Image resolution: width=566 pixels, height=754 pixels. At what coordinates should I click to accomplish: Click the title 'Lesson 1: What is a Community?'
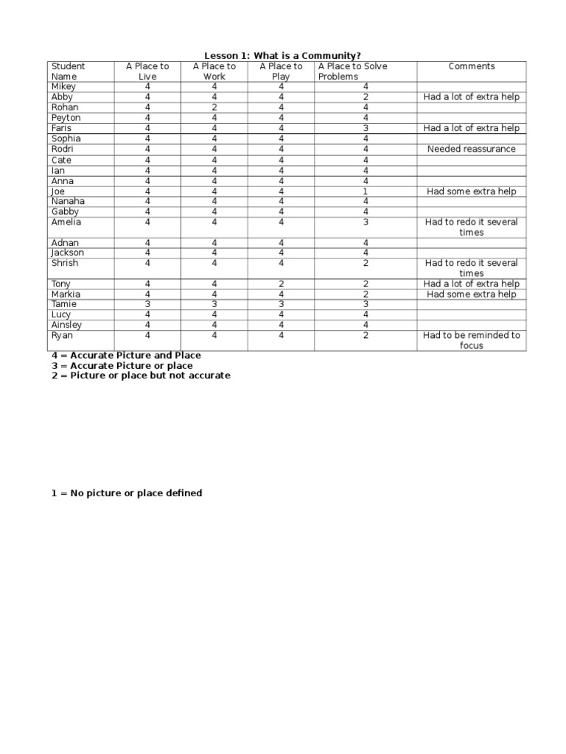(x=282, y=55)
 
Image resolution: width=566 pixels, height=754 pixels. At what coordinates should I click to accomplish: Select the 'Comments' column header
(x=472, y=66)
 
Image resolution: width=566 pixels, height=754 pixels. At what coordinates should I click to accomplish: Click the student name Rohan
(x=65, y=108)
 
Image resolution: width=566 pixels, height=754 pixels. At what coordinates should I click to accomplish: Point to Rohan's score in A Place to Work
(x=214, y=108)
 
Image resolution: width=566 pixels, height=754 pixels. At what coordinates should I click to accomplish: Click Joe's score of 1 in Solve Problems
(x=366, y=191)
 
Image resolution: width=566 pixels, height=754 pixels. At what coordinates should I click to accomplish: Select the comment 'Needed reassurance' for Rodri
(x=472, y=149)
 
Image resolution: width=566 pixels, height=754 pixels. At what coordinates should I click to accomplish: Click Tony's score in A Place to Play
(x=281, y=284)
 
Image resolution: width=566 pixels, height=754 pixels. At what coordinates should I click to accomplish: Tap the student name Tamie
(x=64, y=304)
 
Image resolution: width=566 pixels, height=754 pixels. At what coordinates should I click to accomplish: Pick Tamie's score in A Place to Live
(x=147, y=304)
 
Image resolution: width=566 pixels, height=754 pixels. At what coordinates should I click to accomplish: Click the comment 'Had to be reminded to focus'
(x=472, y=340)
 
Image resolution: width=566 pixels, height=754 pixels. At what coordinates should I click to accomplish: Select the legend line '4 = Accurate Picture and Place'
(x=126, y=356)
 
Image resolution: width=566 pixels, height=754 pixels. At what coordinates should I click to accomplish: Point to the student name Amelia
(x=66, y=222)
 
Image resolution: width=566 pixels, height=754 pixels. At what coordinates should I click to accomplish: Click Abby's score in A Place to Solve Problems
(x=366, y=97)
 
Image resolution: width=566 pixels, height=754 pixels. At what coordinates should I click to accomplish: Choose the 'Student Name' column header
(x=68, y=71)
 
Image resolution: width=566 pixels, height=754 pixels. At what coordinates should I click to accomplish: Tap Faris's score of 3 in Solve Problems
(x=366, y=128)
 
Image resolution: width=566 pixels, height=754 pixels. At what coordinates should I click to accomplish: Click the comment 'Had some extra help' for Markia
(x=472, y=295)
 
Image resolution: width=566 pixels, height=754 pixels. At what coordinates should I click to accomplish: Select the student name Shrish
(x=65, y=264)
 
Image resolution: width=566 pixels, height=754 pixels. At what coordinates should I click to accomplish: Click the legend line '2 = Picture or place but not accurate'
(x=141, y=376)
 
